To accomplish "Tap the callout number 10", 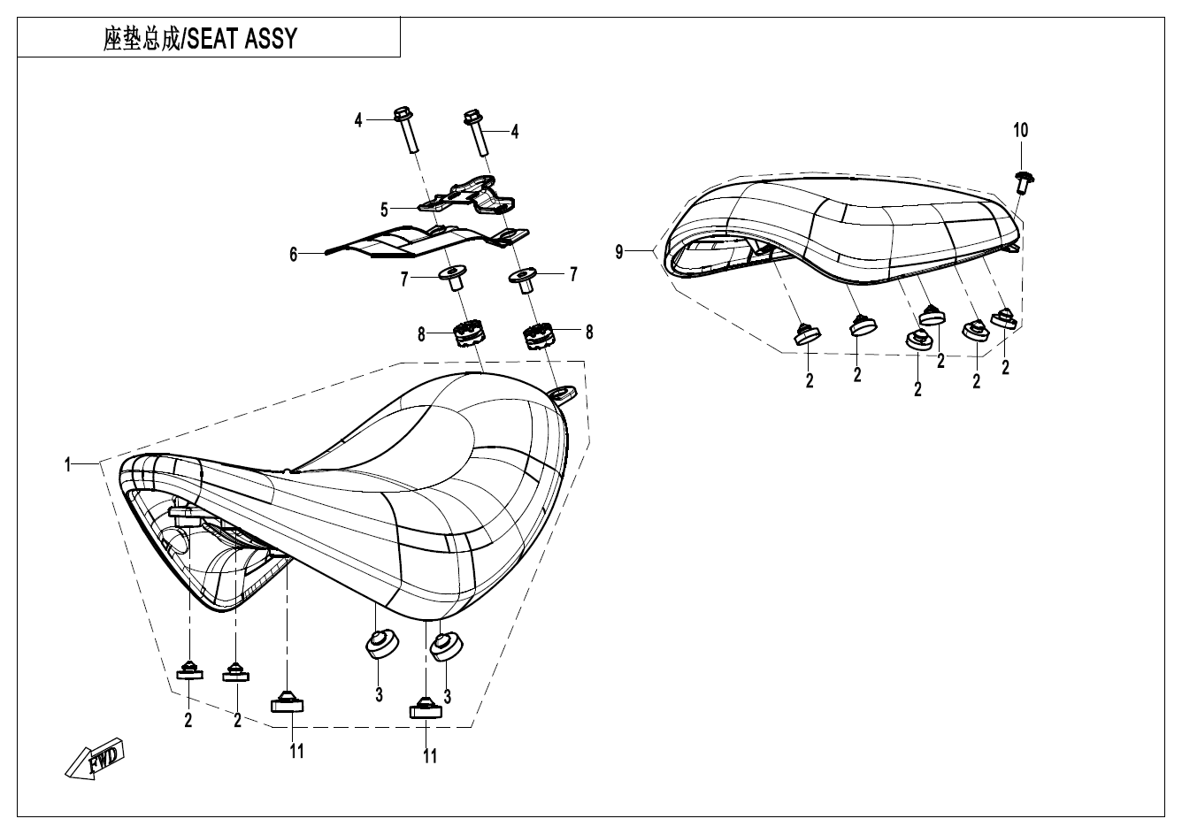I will point(1020,131).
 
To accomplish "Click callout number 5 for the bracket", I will point(384,210).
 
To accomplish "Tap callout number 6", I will point(293,253).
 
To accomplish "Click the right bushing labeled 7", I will point(526,279).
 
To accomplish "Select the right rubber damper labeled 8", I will point(537,336).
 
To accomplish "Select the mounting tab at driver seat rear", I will point(561,390).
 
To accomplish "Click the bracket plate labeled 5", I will point(469,196).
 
